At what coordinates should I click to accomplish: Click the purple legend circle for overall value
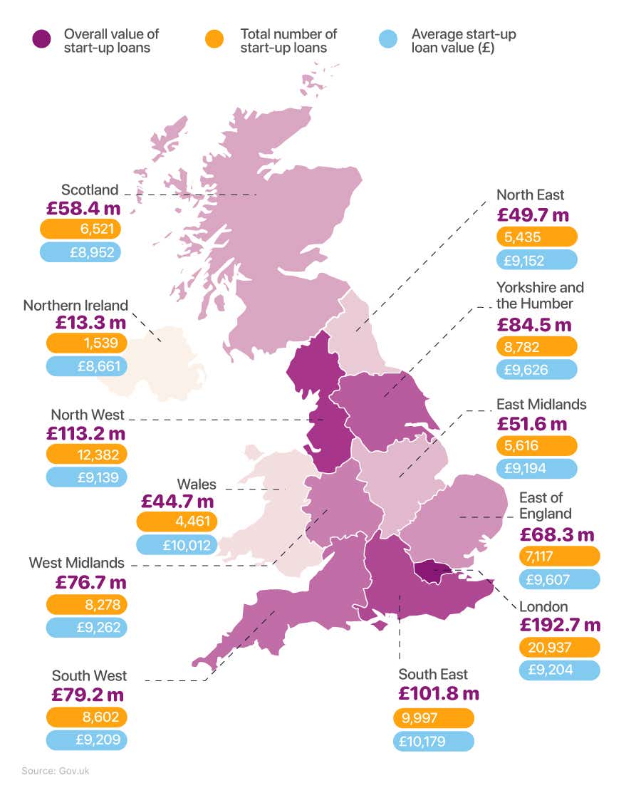coord(41,40)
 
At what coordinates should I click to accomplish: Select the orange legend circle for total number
coord(213,40)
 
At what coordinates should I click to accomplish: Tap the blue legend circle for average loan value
coord(385,40)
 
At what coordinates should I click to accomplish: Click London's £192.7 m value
coord(559,626)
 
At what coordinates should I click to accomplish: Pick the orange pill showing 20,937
coord(559,648)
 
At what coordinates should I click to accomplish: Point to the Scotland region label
coord(90,190)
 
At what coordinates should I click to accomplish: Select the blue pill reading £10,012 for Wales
coord(176,545)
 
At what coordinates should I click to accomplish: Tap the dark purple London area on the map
coord(433,571)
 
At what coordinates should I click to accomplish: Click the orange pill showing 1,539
coord(86,343)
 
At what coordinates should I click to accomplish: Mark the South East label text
coord(433,674)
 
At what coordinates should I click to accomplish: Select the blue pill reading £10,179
coord(433,741)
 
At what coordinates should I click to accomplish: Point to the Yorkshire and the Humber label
coord(540,295)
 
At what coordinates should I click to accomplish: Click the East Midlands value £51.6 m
coord(531,424)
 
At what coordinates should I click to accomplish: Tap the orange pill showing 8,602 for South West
coord(86,717)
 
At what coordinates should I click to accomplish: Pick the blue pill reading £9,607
coord(559,579)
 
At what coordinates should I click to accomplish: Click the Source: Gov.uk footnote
coord(56,771)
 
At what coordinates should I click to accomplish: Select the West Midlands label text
coord(76,563)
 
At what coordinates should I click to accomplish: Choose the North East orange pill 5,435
coord(536,237)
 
